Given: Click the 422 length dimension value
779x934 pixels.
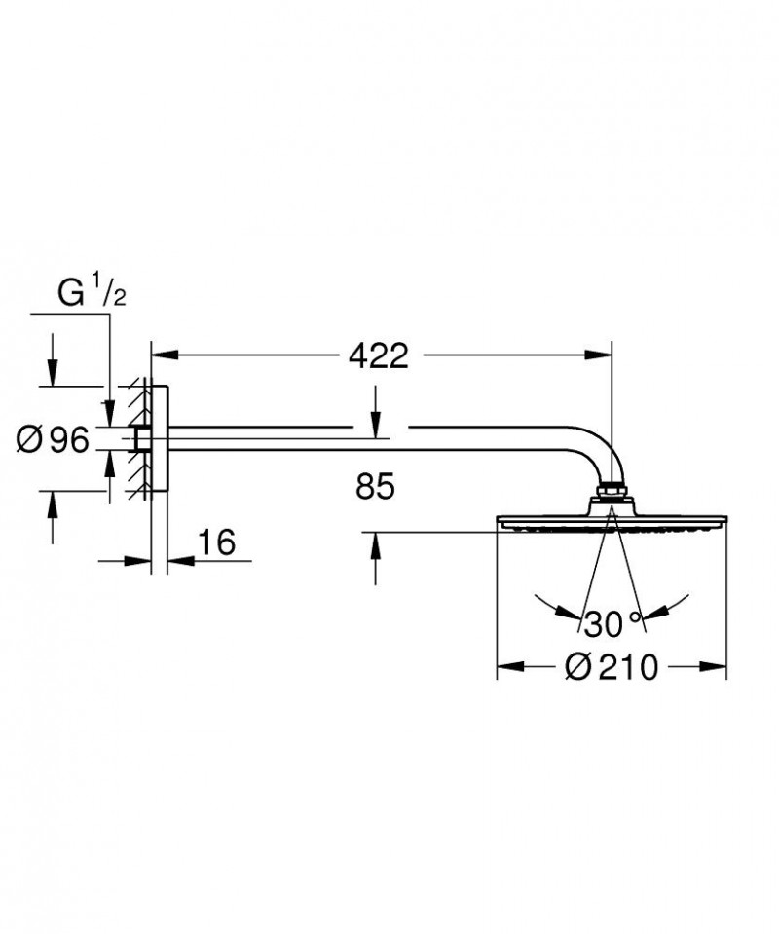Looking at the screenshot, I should coord(379,357).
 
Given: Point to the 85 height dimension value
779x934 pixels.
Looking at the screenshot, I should coord(375,488).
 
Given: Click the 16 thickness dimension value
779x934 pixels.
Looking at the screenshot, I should coord(218,542).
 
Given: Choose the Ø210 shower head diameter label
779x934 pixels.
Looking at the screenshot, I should coord(613,668).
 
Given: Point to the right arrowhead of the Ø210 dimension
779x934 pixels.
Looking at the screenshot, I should coord(719,668).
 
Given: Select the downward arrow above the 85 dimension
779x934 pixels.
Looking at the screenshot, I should coord(376,418).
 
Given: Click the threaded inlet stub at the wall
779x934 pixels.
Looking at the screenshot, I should coord(143,440).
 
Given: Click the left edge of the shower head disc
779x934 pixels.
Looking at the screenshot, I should coord(500,522).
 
